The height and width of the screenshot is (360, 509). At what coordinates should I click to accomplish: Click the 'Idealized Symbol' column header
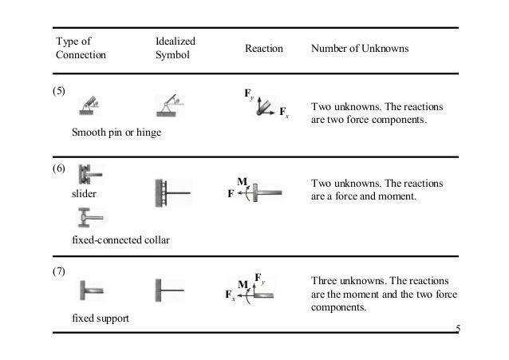176,48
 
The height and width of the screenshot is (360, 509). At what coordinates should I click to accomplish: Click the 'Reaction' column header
263,49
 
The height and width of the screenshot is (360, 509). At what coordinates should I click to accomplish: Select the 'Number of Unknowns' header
360,49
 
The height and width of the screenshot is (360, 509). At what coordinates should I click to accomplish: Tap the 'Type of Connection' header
78,48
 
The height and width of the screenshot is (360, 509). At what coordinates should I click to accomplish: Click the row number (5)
59,90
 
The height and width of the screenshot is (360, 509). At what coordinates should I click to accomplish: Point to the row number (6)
59,169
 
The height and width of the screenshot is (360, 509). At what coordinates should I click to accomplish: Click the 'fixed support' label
101,318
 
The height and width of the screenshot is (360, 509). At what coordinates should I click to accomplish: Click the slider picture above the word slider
89,176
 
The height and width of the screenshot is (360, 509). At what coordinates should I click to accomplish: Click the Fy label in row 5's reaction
248,95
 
